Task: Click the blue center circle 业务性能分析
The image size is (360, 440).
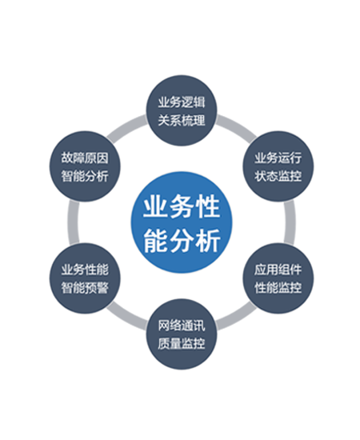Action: [182, 222]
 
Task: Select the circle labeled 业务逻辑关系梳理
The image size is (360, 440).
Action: [182, 110]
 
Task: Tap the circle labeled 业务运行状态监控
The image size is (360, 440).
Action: [278, 166]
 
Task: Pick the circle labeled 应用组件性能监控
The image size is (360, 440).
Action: [278, 278]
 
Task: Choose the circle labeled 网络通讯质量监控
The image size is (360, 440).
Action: [182, 334]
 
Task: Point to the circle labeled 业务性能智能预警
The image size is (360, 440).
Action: [85, 278]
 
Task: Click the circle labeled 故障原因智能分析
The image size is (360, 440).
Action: [85, 166]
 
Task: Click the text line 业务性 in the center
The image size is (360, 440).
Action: [182, 207]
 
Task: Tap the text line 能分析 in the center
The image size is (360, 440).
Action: [182, 241]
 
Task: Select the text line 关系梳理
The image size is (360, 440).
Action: [182, 121]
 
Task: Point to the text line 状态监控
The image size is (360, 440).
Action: [278, 176]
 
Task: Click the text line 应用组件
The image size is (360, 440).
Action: [278, 270]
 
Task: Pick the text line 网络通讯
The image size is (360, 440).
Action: [182, 326]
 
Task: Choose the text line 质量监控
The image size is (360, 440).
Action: [182, 343]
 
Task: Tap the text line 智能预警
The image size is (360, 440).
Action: [85, 288]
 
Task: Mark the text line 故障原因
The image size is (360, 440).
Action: [85, 158]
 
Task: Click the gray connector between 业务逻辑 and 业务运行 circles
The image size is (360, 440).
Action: [237, 126]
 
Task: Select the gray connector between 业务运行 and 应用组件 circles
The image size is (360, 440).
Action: [290, 222]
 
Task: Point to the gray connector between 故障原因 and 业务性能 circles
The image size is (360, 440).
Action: [74, 222]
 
